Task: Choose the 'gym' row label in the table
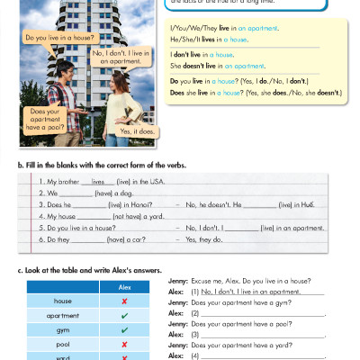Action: click(62, 330)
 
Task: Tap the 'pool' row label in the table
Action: click(62, 345)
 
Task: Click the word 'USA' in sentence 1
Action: click(150, 181)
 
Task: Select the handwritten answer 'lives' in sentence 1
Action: click(98, 180)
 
